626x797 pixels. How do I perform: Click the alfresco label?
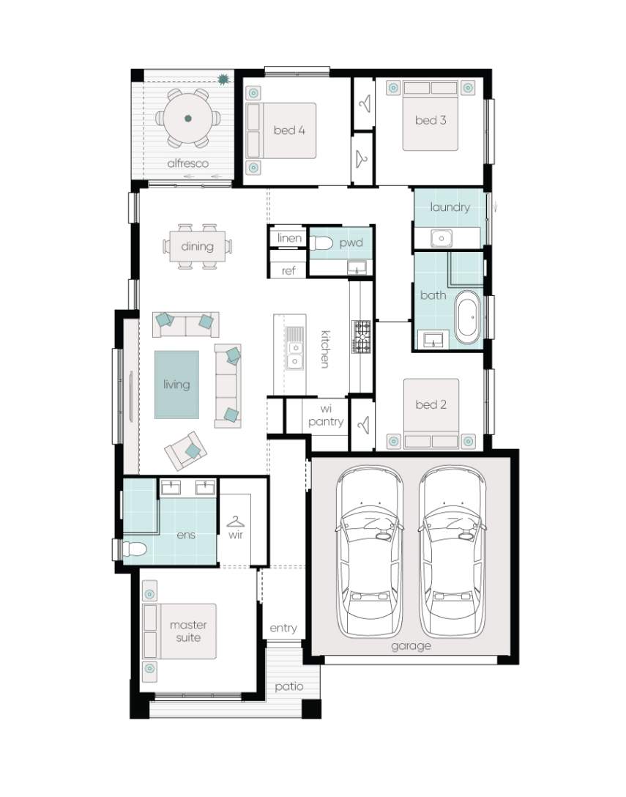pos(187,163)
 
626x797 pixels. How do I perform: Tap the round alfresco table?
pos(188,119)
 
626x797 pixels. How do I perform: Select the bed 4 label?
pos(289,130)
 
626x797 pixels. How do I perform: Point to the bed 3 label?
pos(431,120)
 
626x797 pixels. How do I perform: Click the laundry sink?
pos(441,237)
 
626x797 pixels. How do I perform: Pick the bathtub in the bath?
pos(468,316)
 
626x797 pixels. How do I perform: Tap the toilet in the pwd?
pos(321,243)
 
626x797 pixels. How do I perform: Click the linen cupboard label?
pos(289,238)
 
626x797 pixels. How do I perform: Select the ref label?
pos(288,271)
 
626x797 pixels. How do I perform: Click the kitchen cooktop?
pos(361,336)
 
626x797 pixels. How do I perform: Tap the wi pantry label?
pos(326,415)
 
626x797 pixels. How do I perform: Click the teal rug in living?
pos(177,385)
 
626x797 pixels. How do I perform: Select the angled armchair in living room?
pos(185,451)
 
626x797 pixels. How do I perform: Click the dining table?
pos(197,247)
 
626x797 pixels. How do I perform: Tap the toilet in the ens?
pos(133,549)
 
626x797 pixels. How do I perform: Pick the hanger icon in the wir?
pos(235,522)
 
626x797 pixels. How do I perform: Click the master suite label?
pos(188,631)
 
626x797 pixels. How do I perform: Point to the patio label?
pos(289,687)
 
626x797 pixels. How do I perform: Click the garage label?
pos(411,647)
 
